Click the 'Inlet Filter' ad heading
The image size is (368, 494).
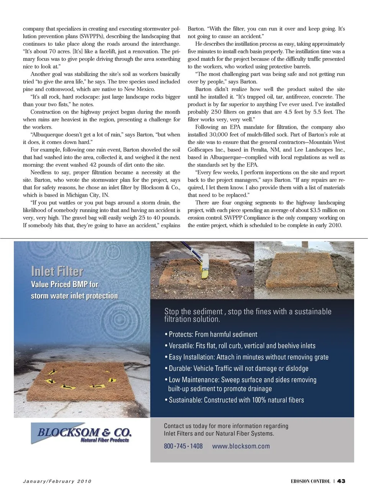(x=57, y=271)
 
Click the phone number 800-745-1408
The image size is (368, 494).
(x=183, y=446)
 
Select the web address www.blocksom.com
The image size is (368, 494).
(x=241, y=446)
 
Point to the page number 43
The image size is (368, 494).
(x=341, y=481)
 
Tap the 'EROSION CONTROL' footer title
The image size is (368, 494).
(x=310, y=481)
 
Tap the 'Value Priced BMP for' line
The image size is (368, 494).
(x=64, y=284)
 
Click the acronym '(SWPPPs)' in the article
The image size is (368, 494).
(x=92, y=36)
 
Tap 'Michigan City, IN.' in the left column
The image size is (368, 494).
(x=88, y=195)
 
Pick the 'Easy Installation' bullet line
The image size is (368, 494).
(x=248, y=357)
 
